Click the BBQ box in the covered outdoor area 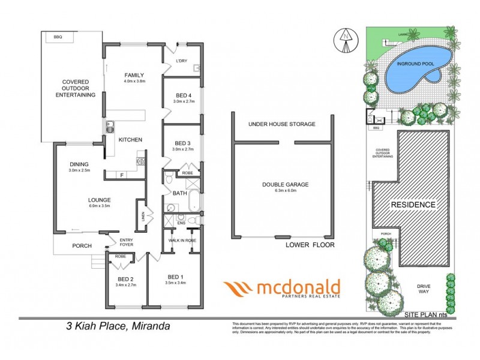58,37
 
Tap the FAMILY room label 135,75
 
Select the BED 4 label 182,95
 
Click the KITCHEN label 130,140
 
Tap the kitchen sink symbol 110,127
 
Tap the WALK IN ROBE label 183,240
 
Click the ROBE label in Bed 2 119,256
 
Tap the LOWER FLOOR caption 309,245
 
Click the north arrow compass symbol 346,38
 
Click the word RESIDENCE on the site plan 413,205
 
